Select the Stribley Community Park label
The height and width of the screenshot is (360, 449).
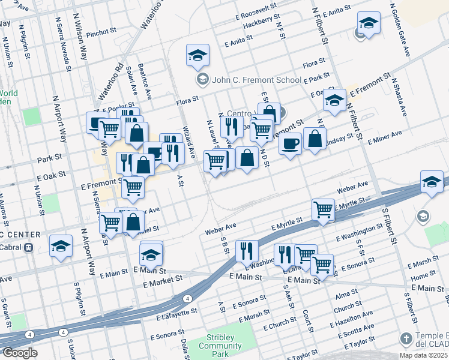point(220,341)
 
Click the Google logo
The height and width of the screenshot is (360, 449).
point(19,353)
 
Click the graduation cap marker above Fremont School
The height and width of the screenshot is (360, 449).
point(197,56)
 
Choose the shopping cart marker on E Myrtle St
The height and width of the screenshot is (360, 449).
point(323,210)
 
